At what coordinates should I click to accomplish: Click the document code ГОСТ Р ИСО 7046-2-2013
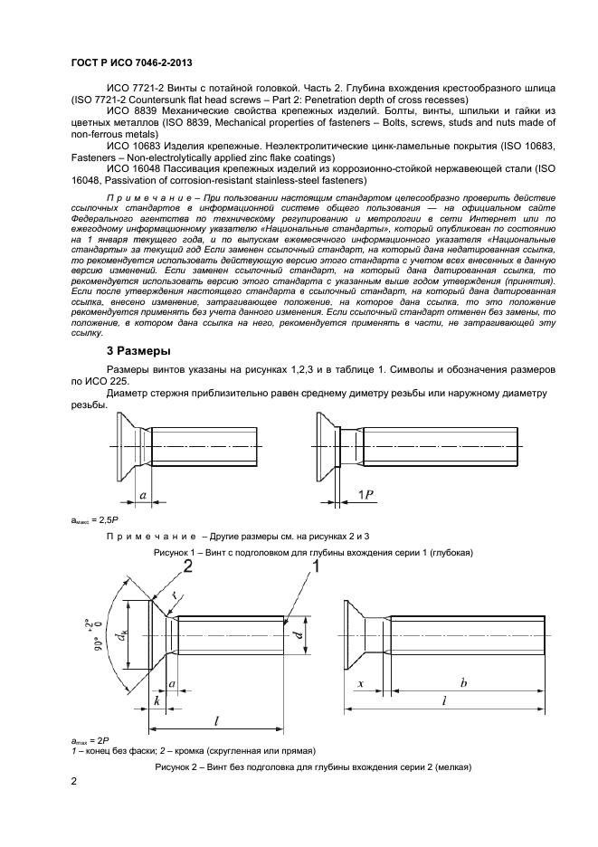point(132,63)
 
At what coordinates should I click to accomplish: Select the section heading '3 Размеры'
point(138,351)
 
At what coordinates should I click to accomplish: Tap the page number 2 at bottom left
point(74,782)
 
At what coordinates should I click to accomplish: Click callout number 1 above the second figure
point(316,566)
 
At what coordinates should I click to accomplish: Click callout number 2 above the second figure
point(188,566)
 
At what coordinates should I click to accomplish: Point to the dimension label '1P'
point(365,493)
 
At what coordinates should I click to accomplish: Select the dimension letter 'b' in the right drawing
point(463,683)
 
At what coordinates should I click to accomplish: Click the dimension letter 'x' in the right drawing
point(360,684)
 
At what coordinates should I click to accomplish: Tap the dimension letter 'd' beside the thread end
point(299,634)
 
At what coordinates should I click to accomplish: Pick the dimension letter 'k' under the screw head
point(157,700)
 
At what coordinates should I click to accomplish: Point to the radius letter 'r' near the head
point(175,595)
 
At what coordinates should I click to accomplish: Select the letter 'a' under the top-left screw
point(143,495)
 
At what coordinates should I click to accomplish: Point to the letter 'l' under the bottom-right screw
point(444,700)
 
